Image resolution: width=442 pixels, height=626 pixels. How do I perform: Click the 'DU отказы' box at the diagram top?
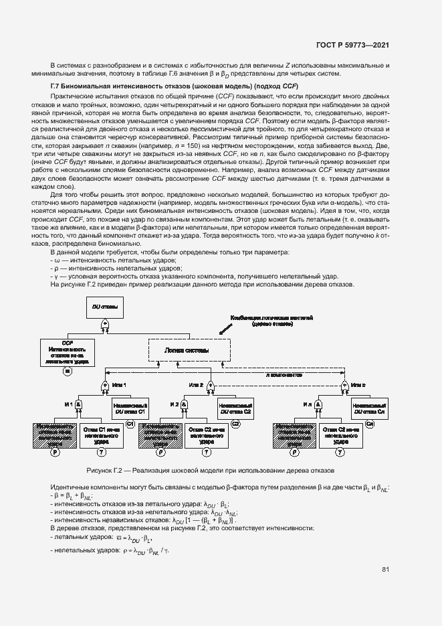104,307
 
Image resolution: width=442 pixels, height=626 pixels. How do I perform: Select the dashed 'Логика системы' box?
187,350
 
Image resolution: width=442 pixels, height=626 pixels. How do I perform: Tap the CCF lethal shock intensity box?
67,350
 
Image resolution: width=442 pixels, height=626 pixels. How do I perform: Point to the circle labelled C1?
130,424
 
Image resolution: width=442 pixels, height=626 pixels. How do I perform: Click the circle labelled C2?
235,424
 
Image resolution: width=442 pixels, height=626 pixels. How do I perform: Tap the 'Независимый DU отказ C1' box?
130,408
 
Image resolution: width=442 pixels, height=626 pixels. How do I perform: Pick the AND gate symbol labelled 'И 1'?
79,406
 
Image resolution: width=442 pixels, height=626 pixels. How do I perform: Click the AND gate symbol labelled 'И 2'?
184,406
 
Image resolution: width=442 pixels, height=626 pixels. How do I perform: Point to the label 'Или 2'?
196,385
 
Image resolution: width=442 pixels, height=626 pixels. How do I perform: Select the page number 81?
385,569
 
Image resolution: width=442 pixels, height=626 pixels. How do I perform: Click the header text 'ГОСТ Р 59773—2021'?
354,45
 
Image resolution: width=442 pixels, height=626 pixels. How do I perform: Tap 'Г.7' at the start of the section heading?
57,88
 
